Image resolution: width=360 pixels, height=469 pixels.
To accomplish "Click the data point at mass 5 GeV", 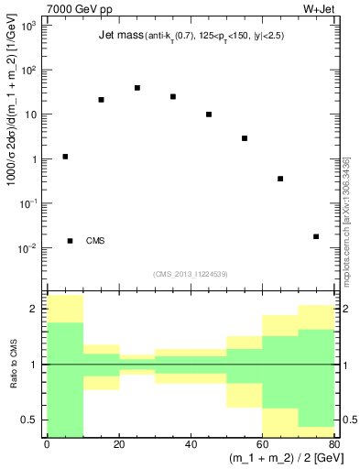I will [x=65, y=157].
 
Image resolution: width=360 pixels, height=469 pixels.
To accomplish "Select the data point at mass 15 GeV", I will [x=101, y=100].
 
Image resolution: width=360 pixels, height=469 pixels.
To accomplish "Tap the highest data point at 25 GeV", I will [x=136, y=88].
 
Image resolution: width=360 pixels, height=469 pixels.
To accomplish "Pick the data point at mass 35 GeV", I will [x=172, y=96].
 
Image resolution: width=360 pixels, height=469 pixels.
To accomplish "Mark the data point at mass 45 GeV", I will [x=209, y=115].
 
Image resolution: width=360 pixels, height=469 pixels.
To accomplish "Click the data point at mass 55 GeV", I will [x=245, y=138].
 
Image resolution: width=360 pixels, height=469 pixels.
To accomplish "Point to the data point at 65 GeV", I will [x=280, y=179].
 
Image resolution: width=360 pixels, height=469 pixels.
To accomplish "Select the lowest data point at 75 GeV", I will [x=316, y=236].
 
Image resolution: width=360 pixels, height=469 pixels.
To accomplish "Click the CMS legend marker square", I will [x=70, y=241].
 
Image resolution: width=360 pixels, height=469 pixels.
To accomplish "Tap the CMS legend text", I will [x=95, y=241].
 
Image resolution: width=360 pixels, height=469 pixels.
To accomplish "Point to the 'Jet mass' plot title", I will [x=120, y=37].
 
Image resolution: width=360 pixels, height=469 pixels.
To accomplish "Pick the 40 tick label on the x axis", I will [x=191, y=445].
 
